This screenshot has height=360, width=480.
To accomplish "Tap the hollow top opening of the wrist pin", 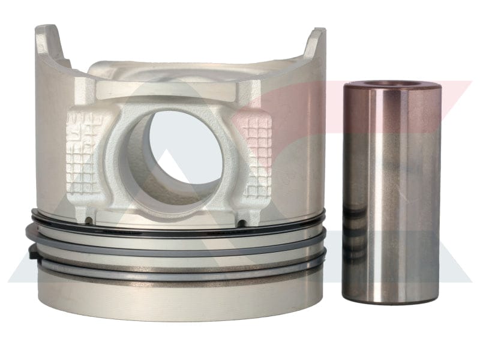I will click(391, 85).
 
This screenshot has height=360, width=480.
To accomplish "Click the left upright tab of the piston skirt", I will click(51, 45).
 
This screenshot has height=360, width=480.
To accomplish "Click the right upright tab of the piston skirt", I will click(316, 45).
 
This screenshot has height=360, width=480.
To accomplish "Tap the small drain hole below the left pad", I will click(89, 220).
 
